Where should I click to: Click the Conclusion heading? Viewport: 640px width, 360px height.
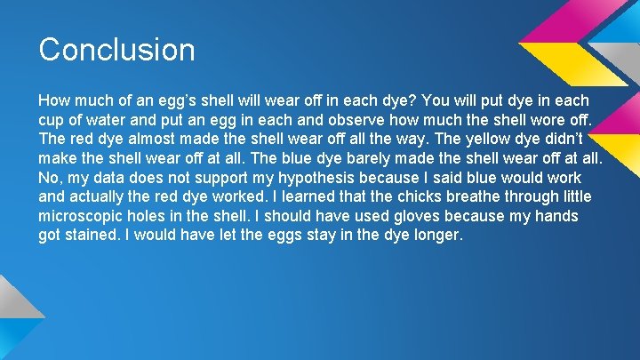[116, 49]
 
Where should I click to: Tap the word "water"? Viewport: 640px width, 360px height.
[110, 119]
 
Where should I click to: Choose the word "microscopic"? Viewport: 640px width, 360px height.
[83, 216]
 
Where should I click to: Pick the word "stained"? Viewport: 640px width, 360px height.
[92, 236]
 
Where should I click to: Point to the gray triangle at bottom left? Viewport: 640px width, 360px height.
[16, 307]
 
